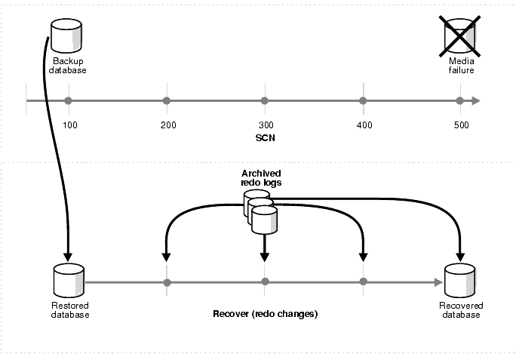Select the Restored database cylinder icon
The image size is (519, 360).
coord(67,281)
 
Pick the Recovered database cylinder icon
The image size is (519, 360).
coord(460,281)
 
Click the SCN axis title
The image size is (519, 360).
coord(264,140)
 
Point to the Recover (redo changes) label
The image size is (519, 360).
coord(265,312)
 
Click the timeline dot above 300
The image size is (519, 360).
coord(264,100)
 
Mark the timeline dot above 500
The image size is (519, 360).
coord(459,100)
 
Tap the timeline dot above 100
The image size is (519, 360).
coord(69,100)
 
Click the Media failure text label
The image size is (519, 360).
coord(461,66)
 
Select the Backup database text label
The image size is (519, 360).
coord(69,66)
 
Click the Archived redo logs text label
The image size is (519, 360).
coord(263,178)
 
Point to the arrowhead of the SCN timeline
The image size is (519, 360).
coord(475,100)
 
